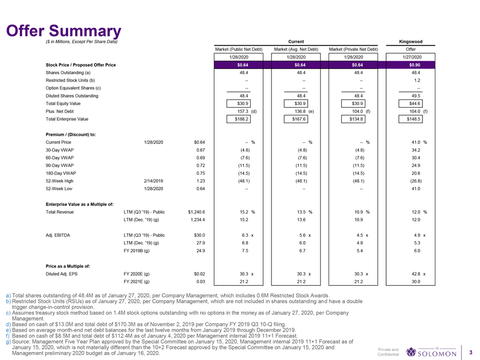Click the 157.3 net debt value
coord(235,111)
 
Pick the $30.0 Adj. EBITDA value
coord(199,235)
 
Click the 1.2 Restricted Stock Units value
coord(418,81)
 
